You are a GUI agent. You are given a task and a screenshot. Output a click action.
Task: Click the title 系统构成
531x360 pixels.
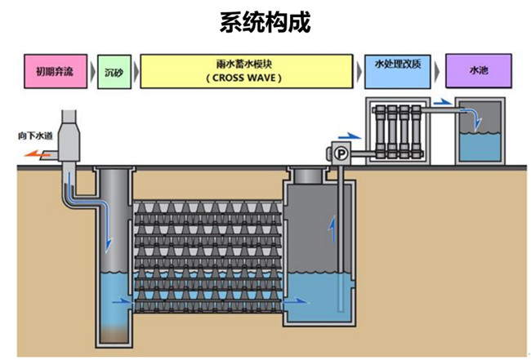265,22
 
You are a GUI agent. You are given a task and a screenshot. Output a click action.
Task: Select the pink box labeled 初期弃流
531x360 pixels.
54,72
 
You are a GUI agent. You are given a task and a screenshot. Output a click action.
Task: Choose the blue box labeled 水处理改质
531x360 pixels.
398,64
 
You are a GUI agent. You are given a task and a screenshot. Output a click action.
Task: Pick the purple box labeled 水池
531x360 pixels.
477,72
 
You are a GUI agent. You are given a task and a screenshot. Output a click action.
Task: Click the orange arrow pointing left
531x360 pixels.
34,152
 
